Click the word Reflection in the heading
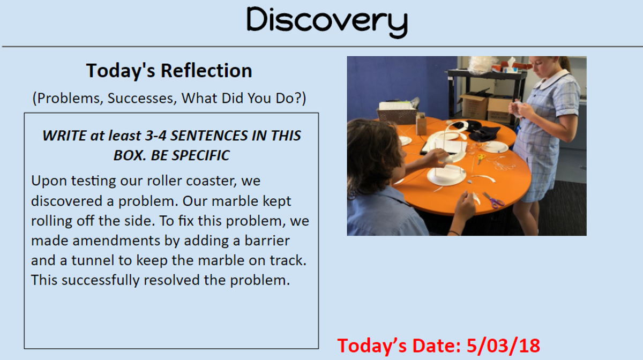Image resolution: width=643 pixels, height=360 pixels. [206, 71]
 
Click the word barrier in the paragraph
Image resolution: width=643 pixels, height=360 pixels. [267, 241]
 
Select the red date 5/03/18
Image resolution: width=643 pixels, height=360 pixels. [503, 346]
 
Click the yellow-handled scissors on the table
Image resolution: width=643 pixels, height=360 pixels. [481, 159]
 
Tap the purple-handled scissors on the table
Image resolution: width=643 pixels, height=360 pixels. [494, 200]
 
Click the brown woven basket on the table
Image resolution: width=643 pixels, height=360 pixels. [397, 116]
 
